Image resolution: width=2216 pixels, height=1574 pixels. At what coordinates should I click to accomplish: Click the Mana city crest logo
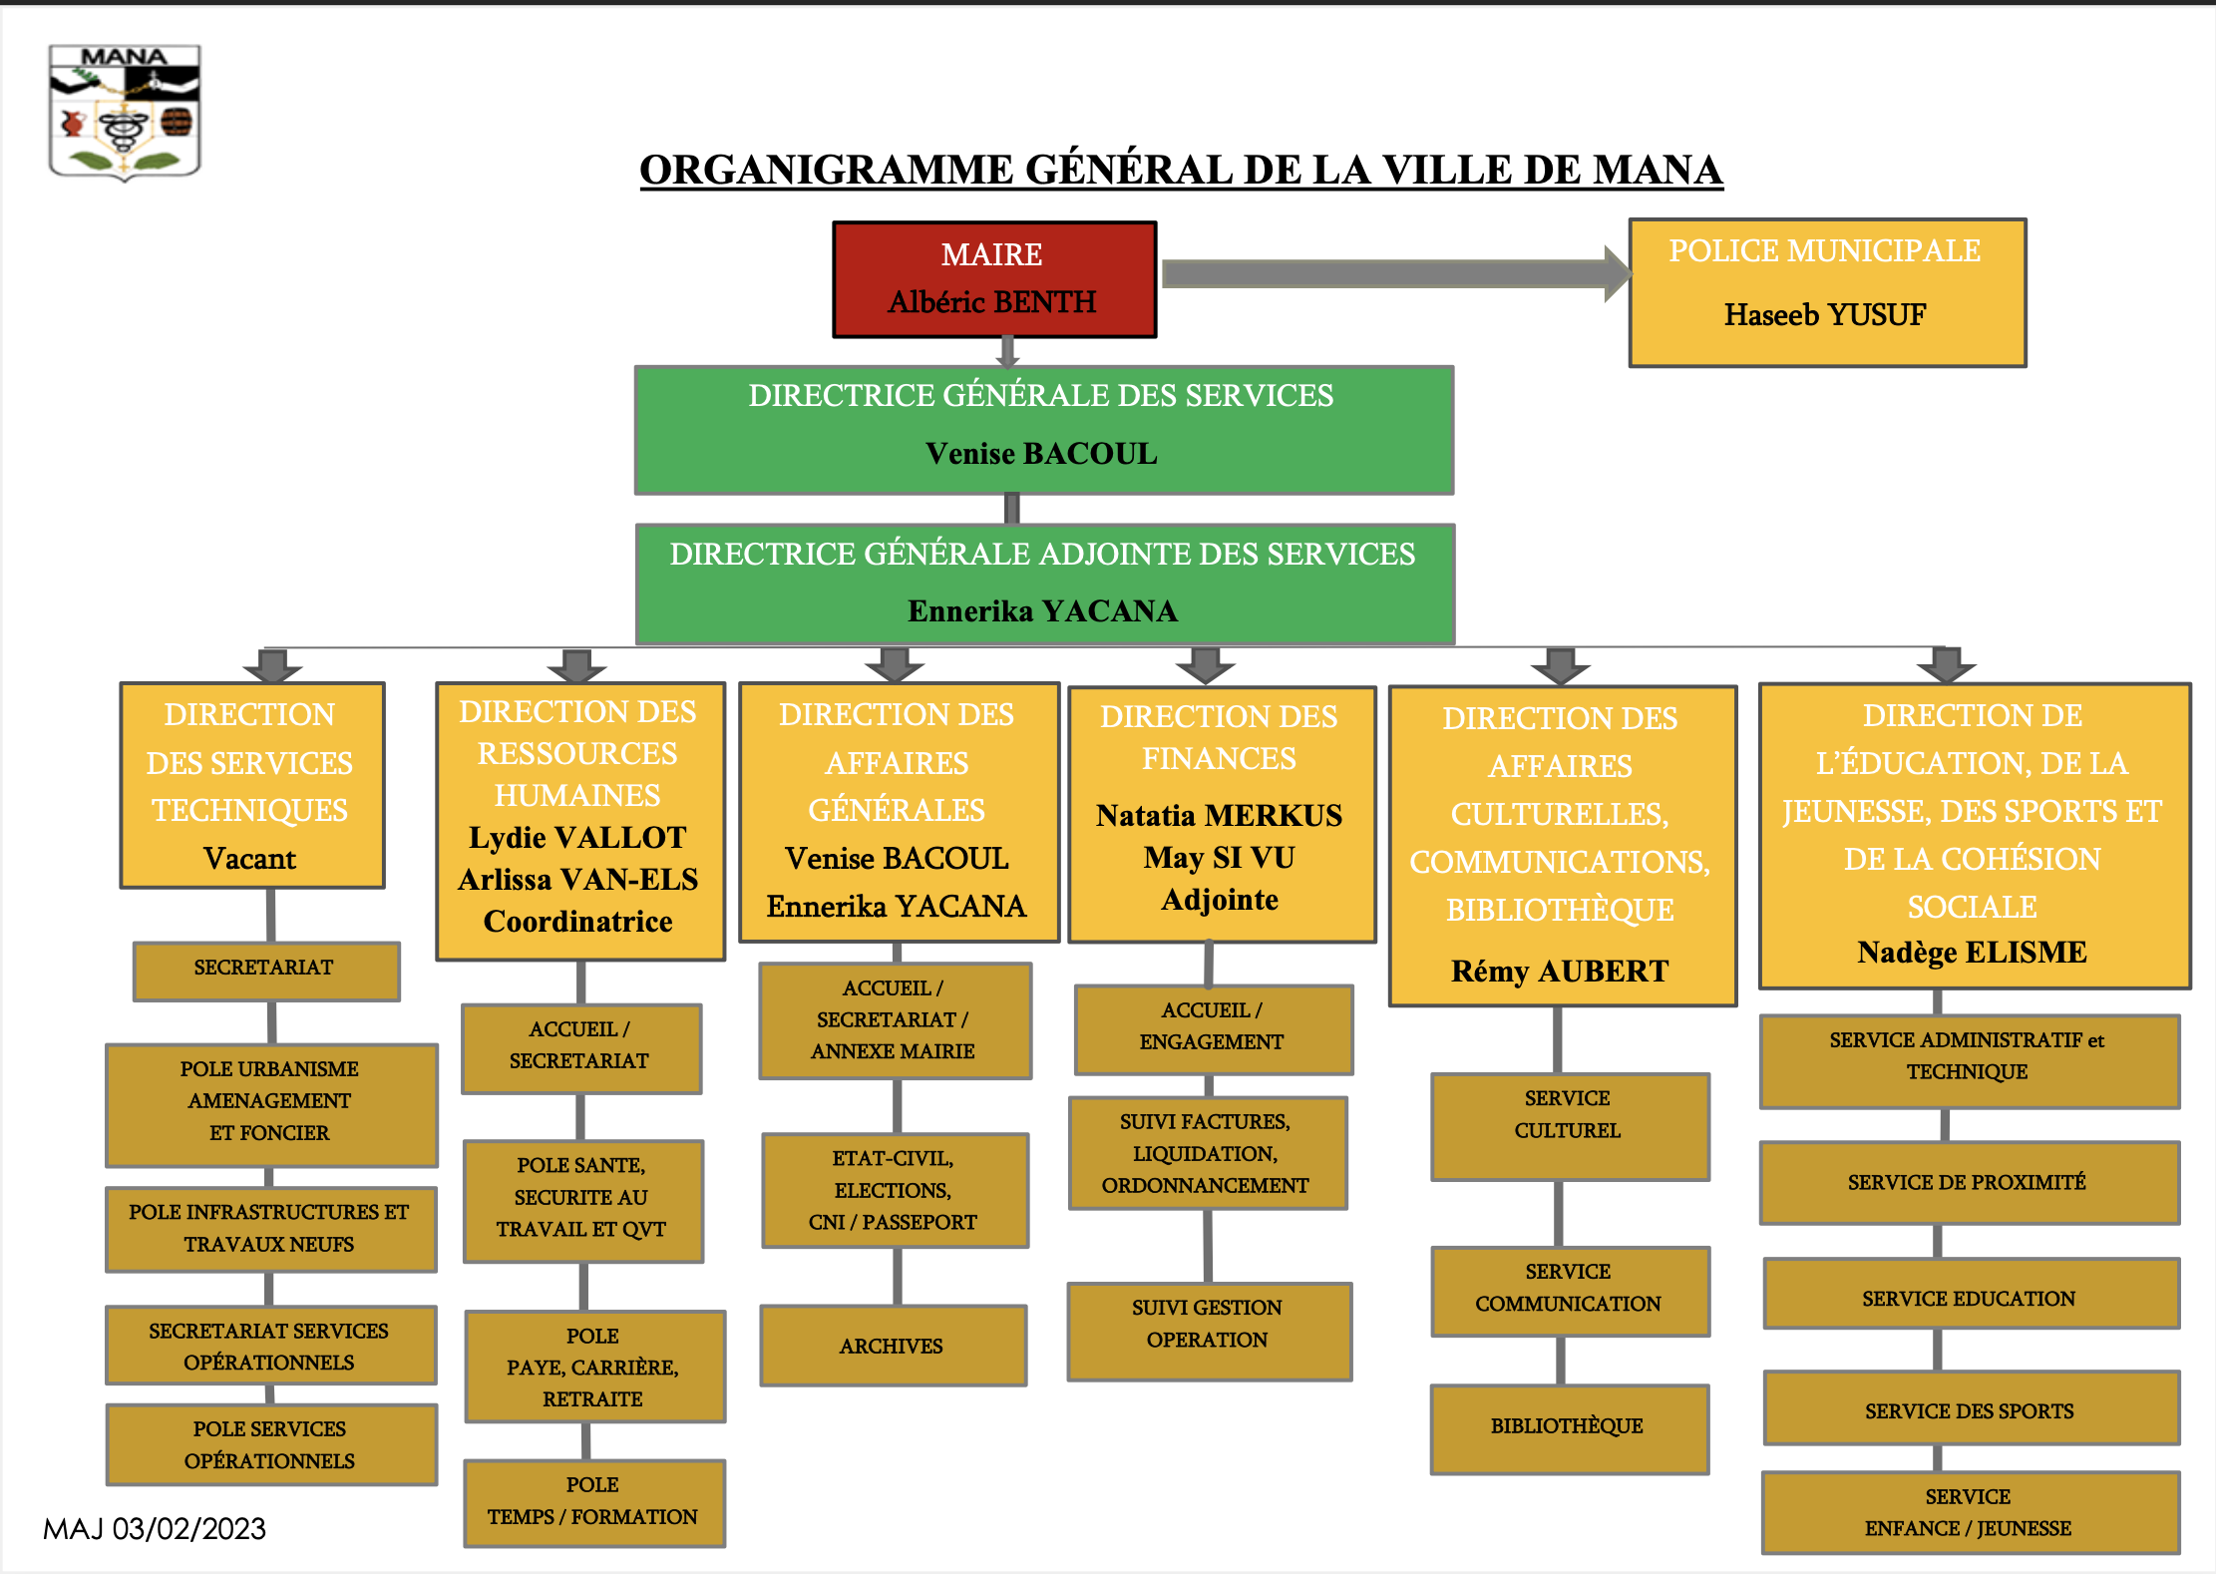125,113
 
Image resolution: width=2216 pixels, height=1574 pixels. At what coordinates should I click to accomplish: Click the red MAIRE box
994,279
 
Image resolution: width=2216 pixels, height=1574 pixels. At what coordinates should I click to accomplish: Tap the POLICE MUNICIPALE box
1827,292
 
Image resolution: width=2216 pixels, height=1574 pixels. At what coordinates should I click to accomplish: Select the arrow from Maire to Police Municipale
1396,273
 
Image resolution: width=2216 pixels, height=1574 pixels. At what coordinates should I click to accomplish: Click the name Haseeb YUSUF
1825,315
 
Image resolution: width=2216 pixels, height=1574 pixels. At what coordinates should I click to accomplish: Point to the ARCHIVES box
893,1346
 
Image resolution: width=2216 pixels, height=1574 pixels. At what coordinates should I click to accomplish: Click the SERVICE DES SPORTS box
1971,1409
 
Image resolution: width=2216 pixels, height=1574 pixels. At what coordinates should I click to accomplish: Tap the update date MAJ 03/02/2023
155,1529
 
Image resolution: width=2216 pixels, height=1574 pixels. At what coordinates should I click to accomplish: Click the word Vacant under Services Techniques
249,859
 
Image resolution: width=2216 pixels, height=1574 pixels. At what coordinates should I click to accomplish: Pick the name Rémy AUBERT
1560,971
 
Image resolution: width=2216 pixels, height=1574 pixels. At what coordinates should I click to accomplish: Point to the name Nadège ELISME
1972,953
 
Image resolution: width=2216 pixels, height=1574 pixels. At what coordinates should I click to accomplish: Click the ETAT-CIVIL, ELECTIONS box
895,1190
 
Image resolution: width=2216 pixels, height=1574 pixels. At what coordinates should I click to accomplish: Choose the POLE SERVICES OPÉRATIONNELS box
271,1444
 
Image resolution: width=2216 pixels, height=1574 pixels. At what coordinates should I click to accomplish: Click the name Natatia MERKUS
1219,816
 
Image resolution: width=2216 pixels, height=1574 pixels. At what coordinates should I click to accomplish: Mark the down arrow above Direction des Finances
1206,665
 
